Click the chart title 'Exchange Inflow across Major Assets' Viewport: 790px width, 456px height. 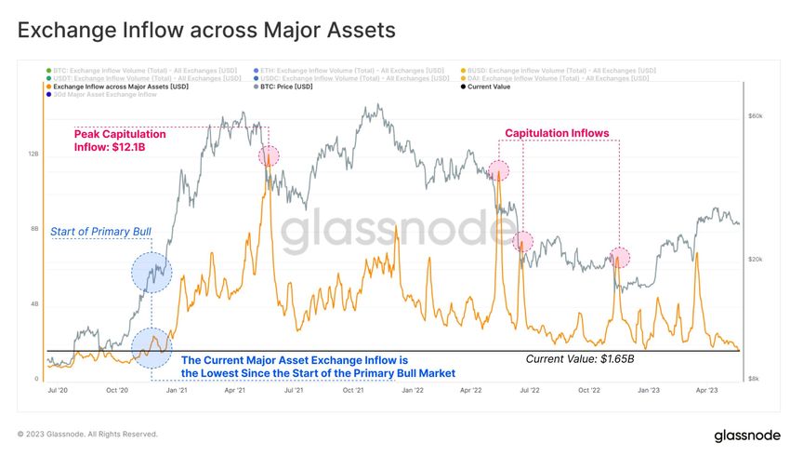(x=206, y=30)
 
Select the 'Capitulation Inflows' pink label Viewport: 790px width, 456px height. (x=557, y=133)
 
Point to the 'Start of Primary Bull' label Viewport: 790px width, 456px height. (x=100, y=231)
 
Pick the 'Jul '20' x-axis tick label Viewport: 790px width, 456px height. (x=58, y=390)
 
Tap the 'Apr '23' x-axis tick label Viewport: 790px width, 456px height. (x=707, y=390)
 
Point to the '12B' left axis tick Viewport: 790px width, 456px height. (x=33, y=154)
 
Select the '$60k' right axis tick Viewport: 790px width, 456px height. (x=756, y=116)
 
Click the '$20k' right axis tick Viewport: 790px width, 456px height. (x=756, y=260)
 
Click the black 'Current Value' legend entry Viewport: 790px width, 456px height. (x=490, y=87)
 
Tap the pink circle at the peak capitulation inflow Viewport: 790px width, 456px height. (x=269, y=155)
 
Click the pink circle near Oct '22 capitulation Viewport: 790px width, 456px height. (x=619, y=256)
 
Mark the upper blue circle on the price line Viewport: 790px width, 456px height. (x=151, y=273)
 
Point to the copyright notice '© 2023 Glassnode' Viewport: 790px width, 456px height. (x=88, y=434)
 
